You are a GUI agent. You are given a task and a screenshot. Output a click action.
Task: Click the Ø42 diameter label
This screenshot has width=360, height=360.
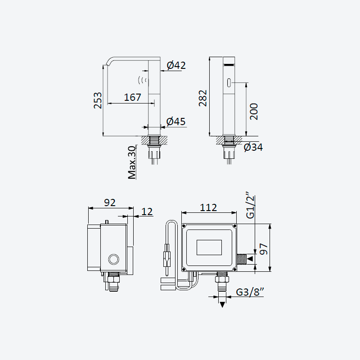[176, 65]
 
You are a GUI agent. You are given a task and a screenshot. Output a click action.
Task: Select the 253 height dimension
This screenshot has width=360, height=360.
[98, 100]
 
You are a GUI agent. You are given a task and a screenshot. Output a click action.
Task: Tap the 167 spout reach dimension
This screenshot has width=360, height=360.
[132, 97]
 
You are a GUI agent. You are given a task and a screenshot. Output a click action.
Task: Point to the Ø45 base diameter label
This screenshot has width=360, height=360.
[176, 121]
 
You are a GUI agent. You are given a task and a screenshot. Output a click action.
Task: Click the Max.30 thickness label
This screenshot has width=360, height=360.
[132, 162]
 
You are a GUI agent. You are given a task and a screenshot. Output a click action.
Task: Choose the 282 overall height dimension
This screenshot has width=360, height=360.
[203, 98]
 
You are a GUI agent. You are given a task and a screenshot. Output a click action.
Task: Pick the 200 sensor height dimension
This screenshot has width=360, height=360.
[254, 112]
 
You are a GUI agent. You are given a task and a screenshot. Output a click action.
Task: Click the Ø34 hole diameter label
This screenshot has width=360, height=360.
[253, 147]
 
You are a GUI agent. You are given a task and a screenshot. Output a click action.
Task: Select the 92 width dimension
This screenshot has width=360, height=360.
[110, 202]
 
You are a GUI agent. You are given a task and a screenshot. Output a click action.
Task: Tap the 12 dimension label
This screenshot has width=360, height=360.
[147, 211]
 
